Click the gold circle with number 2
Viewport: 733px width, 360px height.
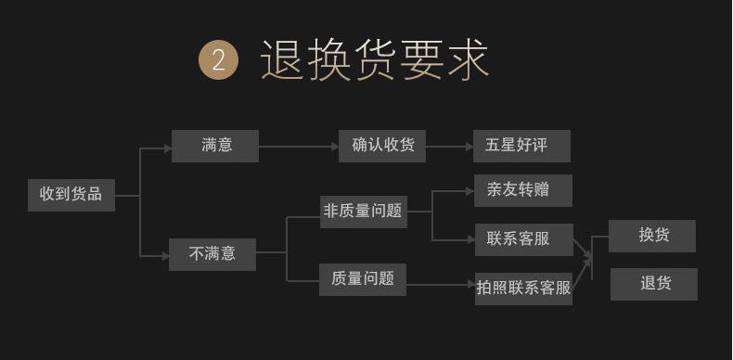219,59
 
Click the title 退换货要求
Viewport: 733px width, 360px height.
375,59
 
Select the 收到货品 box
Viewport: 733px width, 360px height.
71,195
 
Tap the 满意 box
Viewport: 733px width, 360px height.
215,146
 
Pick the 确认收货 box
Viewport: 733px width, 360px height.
382,146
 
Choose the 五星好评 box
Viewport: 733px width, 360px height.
521,146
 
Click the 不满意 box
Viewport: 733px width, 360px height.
212,254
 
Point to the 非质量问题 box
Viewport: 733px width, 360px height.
363,212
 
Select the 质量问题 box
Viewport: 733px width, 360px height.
362,279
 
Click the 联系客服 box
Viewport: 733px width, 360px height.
524,239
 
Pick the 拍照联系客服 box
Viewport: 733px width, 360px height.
523,289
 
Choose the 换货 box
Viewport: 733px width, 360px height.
652,236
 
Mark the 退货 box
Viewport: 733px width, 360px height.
654,284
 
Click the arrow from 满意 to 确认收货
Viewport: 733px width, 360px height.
299,147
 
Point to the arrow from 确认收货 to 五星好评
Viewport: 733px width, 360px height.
449,147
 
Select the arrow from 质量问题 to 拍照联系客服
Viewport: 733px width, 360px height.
441,284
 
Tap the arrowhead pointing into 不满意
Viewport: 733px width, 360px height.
165,256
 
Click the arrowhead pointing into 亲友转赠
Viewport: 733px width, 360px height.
470,191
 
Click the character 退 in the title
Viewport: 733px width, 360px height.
282,59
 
